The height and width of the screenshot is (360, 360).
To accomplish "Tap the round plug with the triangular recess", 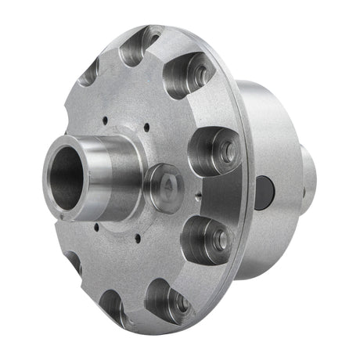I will (x=168, y=186).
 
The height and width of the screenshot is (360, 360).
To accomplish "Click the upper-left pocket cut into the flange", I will (x=88, y=73).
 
